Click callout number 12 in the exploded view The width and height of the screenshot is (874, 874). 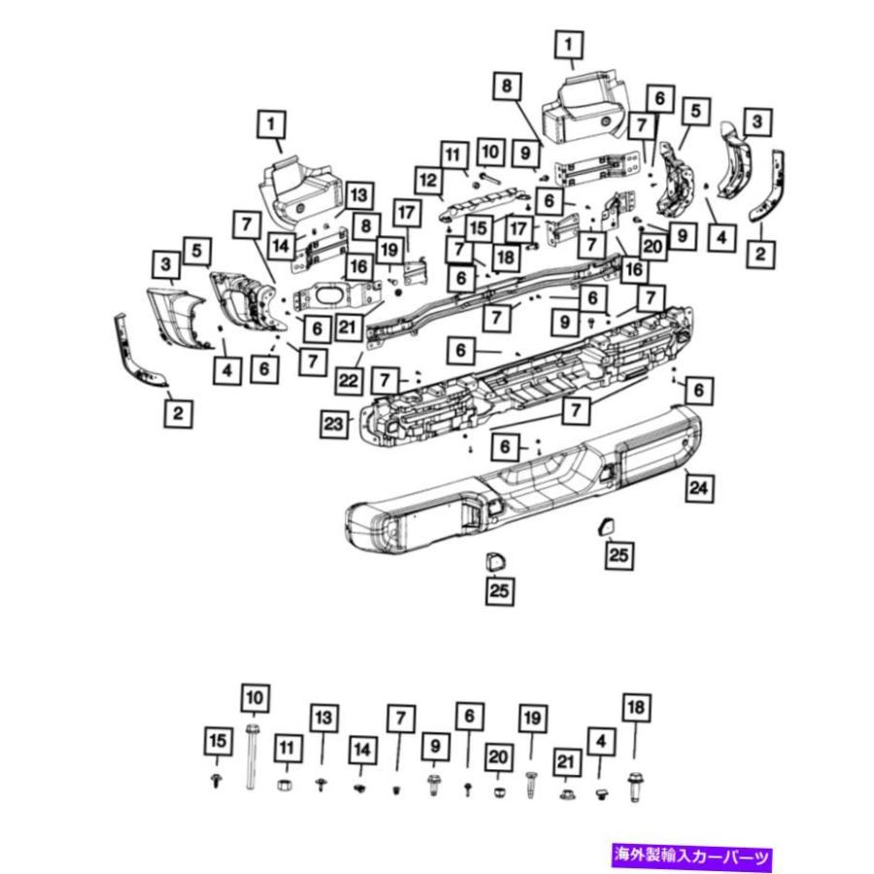pos(427,180)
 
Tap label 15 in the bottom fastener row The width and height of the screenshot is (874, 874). pos(218,742)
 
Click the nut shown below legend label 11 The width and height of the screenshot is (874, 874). pos(286,785)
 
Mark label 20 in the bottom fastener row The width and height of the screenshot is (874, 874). pos(498,756)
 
